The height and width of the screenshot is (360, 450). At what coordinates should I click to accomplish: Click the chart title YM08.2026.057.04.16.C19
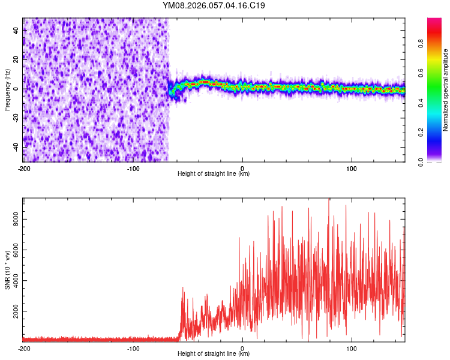point(214,5)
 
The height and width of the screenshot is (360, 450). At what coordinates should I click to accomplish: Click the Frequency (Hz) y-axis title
point(7,89)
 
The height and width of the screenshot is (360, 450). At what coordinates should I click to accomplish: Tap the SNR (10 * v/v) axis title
point(7,269)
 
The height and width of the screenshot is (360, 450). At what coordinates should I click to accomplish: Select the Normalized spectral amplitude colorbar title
point(445,89)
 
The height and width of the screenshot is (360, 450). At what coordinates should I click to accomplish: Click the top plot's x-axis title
point(214,173)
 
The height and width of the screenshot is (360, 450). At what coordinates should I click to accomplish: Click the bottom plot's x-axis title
point(214,353)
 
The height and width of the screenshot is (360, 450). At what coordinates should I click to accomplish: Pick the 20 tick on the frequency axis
point(16,59)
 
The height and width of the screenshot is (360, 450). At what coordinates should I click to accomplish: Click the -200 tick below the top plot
point(23,168)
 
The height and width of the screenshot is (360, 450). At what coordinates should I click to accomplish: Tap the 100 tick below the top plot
point(352,168)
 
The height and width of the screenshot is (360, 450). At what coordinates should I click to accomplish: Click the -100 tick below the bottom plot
point(133,348)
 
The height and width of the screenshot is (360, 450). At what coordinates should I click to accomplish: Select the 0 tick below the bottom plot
point(242,348)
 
